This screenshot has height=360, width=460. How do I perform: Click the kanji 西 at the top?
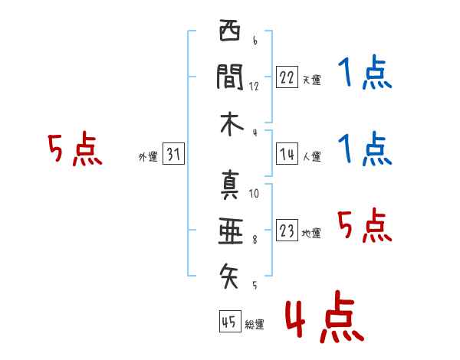click(x=229, y=33)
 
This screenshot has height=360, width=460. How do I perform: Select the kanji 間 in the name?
click(x=229, y=77)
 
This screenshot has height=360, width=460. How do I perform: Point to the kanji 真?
click(x=229, y=184)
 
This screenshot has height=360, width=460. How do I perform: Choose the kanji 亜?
click(x=229, y=227)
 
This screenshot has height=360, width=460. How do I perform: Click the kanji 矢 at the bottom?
click(x=229, y=272)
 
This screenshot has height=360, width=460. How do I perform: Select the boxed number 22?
click(x=287, y=77)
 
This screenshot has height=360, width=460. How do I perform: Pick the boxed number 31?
click(x=173, y=155)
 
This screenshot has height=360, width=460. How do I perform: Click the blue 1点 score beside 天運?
click(x=365, y=74)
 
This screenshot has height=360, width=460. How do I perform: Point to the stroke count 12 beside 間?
click(x=254, y=87)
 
